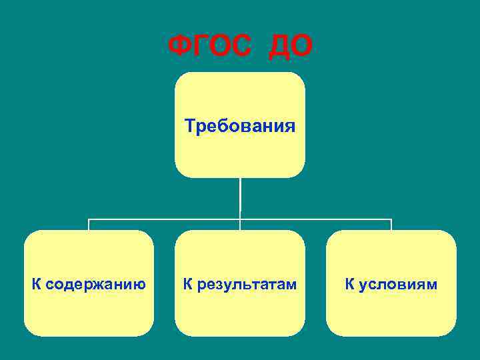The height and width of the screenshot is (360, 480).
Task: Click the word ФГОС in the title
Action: click(211, 47)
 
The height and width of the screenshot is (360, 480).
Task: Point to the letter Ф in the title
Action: click(180, 47)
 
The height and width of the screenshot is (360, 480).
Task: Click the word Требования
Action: click(240, 125)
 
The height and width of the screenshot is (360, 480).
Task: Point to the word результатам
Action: click(247, 285)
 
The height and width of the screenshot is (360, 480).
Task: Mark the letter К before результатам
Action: click(189, 285)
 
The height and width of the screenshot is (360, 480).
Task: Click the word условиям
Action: click(399, 285)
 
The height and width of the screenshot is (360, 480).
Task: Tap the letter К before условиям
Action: click(350, 285)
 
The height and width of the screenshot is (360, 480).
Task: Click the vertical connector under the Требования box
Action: click(240, 197)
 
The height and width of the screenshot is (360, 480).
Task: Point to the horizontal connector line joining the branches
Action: click(167, 218)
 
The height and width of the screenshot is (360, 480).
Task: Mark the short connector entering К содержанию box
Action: click(89, 225)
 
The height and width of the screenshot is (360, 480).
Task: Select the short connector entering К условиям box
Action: click(391, 225)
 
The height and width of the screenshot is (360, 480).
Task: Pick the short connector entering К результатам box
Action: click(240, 225)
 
